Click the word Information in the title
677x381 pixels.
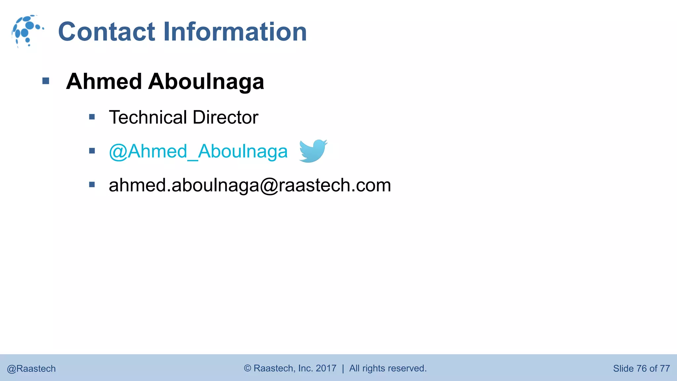pyautogui.click(x=235, y=32)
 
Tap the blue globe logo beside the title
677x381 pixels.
pyautogui.click(x=27, y=31)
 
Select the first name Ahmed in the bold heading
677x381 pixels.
pyautogui.click(x=104, y=81)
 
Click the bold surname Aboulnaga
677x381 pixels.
pyautogui.click(x=206, y=82)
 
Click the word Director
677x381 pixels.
pyautogui.click(x=225, y=117)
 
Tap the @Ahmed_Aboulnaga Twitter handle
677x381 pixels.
pyautogui.click(x=198, y=152)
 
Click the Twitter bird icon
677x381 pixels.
pyautogui.click(x=313, y=151)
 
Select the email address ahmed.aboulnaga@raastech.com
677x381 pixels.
pyautogui.click(x=250, y=185)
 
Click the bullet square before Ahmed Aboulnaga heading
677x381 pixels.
pyautogui.click(x=46, y=81)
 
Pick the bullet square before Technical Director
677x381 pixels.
pyautogui.click(x=92, y=117)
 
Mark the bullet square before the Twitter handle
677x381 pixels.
pyautogui.click(x=92, y=151)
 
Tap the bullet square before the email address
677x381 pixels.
pyautogui.click(x=92, y=185)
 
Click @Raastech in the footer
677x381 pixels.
pyautogui.click(x=31, y=369)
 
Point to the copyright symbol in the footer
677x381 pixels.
pyautogui.click(x=248, y=368)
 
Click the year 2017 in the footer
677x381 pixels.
pyautogui.click(x=326, y=368)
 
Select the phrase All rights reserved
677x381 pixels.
pyautogui.click(x=388, y=368)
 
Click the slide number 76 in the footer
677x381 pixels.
pyautogui.click(x=641, y=368)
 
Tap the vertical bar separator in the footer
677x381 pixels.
pyautogui.click(x=343, y=368)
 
